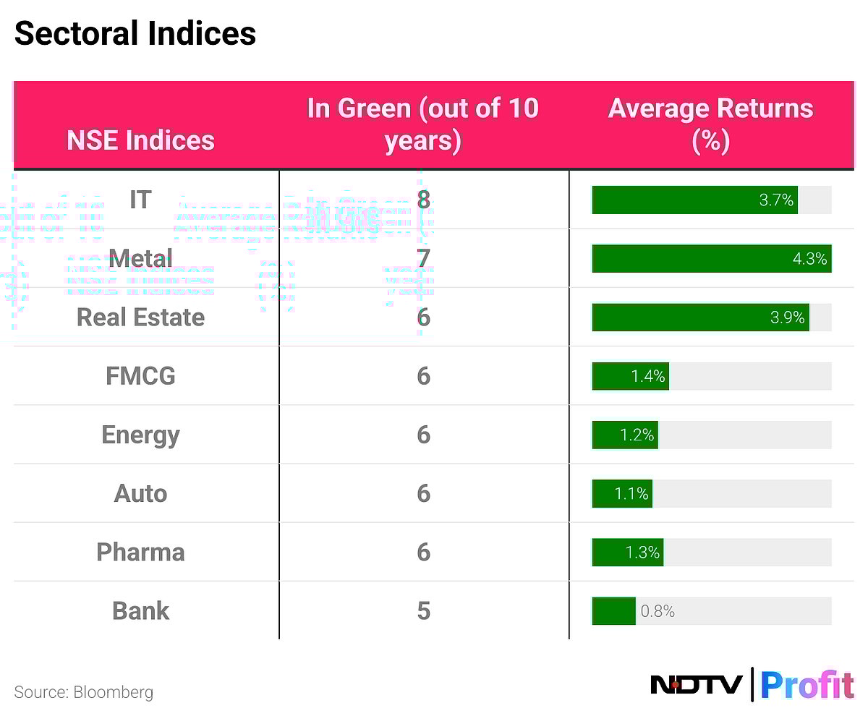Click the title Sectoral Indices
(x=135, y=33)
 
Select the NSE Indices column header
(x=140, y=140)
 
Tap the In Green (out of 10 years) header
(x=423, y=124)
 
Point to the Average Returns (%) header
(x=710, y=124)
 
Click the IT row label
(x=140, y=200)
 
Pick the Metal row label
(x=140, y=258)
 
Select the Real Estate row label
(x=140, y=317)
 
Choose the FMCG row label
(x=140, y=376)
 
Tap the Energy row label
(x=140, y=435)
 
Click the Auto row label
(x=140, y=493)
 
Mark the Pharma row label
(x=140, y=552)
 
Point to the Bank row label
(x=140, y=611)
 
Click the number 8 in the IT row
(x=423, y=200)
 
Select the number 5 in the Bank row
(x=423, y=611)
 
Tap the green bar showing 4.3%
(x=711, y=258)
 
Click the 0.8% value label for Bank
(x=658, y=611)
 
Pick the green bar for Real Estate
(x=699, y=317)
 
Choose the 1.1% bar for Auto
(x=622, y=493)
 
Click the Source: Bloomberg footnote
(x=84, y=692)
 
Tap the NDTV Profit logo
(x=752, y=684)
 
